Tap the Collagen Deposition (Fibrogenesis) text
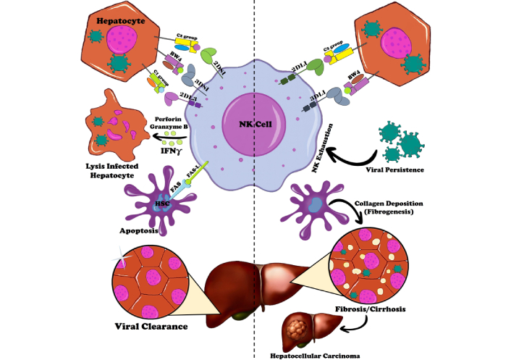[x=388, y=207]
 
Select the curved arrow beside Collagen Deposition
[x=340, y=206]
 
